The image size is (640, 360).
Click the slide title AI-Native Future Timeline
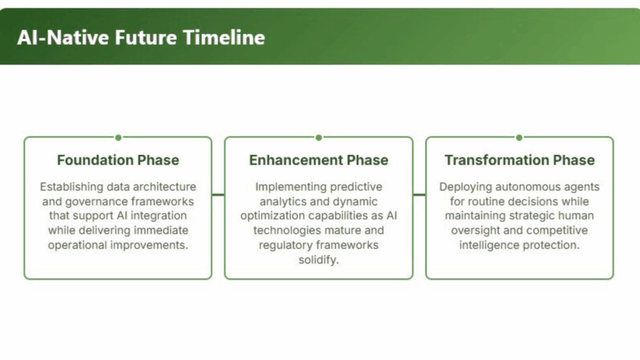(141, 37)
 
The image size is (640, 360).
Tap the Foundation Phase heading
(118, 160)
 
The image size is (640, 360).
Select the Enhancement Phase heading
(319, 160)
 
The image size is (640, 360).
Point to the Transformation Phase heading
(519, 160)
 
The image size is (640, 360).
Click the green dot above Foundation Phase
(118, 137)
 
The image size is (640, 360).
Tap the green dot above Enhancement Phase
(319, 137)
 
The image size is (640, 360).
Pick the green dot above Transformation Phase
(519, 137)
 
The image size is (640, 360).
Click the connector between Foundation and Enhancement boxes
(218, 195)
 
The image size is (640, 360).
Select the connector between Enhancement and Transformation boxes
(419, 195)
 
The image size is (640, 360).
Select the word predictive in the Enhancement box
(356, 187)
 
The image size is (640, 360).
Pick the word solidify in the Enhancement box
(317, 260)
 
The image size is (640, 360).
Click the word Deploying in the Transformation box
(466, 187)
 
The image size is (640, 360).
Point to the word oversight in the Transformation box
(476, 231)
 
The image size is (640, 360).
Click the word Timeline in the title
(224, 37)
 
